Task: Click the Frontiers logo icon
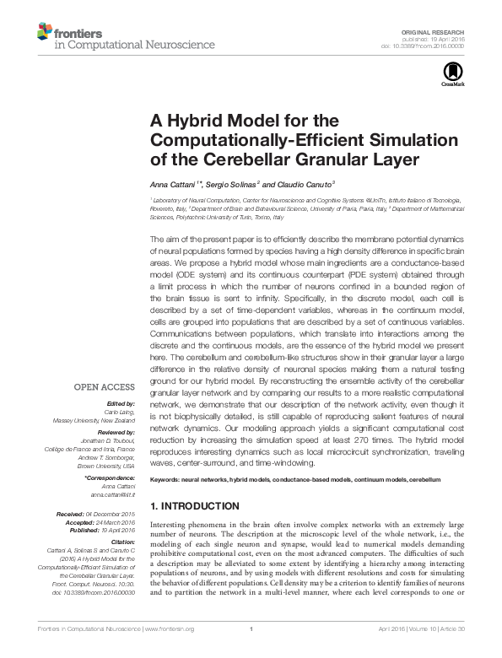(x=43, y=33)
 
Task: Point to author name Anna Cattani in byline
(x=170, y=183)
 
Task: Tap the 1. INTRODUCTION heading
(x=194, y=506)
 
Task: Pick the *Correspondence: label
(x=111, y=477)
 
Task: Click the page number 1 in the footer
(x=251, y=652)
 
